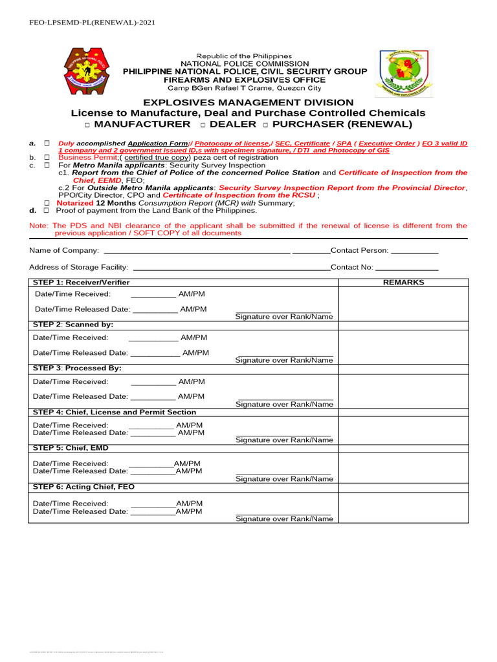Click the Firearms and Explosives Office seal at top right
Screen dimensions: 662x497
pyautogui.click(x=402, y=72)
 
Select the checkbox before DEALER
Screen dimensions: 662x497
pyautogui.click(x=203, y=125)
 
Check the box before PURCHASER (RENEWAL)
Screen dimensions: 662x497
pyautogui.click(x=265, y=125)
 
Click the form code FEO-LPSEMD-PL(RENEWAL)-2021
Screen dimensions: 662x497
pyautogui.click(x=93, y=22)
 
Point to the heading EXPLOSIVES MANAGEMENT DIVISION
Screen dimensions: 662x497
pyautogui.click(x=248, y=102)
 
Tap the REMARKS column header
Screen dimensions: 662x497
pyautogui.click(x=403, y=283)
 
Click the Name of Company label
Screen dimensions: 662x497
pyautogui.click(x=64, y=250)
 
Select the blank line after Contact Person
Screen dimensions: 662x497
pyautogui.click(x=415, y=251)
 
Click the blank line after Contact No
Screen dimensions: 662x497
pyautogui.click(x=407, y=268)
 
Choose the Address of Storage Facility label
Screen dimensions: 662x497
pyautogui.click(x=78, y=267)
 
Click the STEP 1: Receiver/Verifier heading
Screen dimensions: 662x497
pyautogui.click(x=82, y=283)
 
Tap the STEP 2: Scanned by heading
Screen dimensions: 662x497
pyautogui.click(x=73, y=324)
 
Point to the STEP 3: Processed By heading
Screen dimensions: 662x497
pyautogui.click(x=77, y=368)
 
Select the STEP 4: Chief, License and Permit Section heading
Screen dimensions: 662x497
pyautogui.click(x=115, y=412)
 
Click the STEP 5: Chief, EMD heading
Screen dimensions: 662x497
pyautogui.click(x=71, y=448)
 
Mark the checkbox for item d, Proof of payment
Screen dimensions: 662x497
pyautogui.click(x=47, y=211)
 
